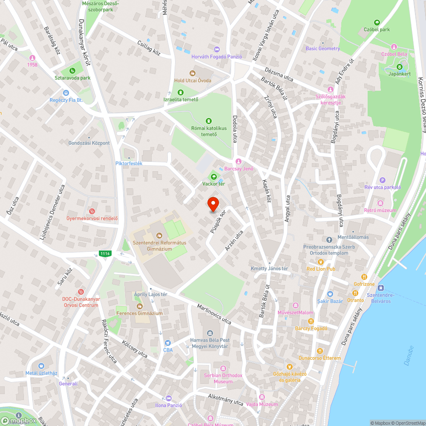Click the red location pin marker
point(213,204)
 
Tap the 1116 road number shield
point(105,254)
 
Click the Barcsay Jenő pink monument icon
point(239,161)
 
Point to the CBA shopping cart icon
point(167,343)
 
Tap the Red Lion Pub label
point(321,269)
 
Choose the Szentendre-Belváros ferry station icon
point(380,288)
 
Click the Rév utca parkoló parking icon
point(382,180)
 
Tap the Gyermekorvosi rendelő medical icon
point(91,211)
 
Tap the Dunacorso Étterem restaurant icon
point(319,351)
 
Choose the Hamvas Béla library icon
point(210,333)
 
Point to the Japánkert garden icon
point(400,66)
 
